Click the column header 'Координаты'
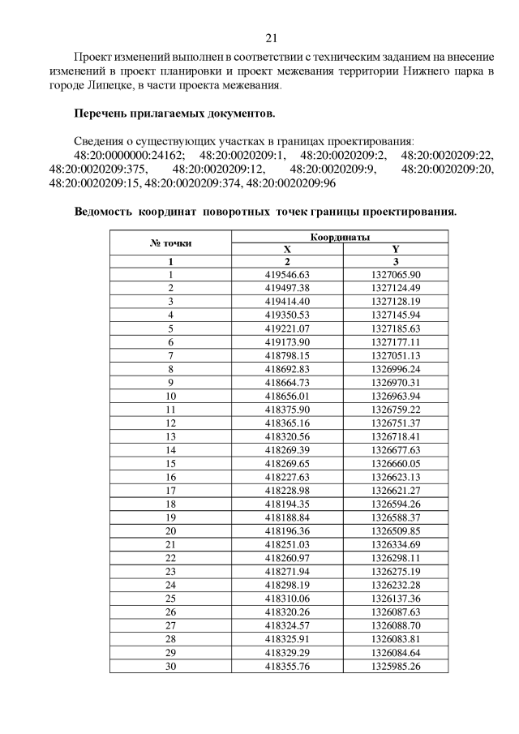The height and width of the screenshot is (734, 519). tap(341, 237)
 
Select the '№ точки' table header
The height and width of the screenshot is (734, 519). tap(171, 243)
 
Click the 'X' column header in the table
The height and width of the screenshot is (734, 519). tap(287, 250)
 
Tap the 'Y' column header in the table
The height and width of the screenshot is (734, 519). tap(396, 250)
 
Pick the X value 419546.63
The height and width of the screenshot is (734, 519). tap(287, 274)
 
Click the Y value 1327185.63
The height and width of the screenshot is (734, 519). tap(396, 328)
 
